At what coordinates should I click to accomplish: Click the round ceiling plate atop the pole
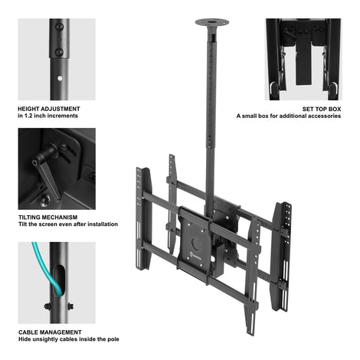(212, 22)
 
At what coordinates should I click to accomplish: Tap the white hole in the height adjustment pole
(60, 78)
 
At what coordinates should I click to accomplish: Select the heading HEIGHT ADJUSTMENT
(49, 109)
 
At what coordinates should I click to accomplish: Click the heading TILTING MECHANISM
(48, 218)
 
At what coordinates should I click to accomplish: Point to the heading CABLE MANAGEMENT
(50, 332)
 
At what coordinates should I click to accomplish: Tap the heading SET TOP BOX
(322, 109)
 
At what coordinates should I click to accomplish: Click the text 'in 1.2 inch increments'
(47, 116)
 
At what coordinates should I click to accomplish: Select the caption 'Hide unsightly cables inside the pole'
(69, 339)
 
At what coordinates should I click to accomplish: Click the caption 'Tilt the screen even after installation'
(68, 224)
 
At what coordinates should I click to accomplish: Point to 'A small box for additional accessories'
(289, 116)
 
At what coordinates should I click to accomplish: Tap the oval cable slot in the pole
(60, 280)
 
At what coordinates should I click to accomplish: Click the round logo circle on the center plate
(197, 244)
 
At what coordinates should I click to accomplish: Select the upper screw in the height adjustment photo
(60, 27)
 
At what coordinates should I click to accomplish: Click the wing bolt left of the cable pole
(47, 306)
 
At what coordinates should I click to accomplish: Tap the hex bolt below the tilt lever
(45, 200)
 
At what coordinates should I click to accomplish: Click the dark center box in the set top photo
(303, 63)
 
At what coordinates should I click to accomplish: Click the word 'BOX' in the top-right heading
(335, 109)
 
